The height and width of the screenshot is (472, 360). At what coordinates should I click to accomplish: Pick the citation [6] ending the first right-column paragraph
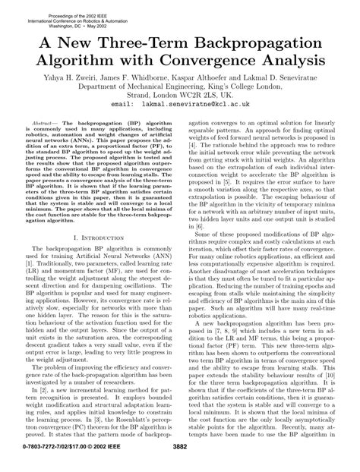[x=200, y=205]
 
